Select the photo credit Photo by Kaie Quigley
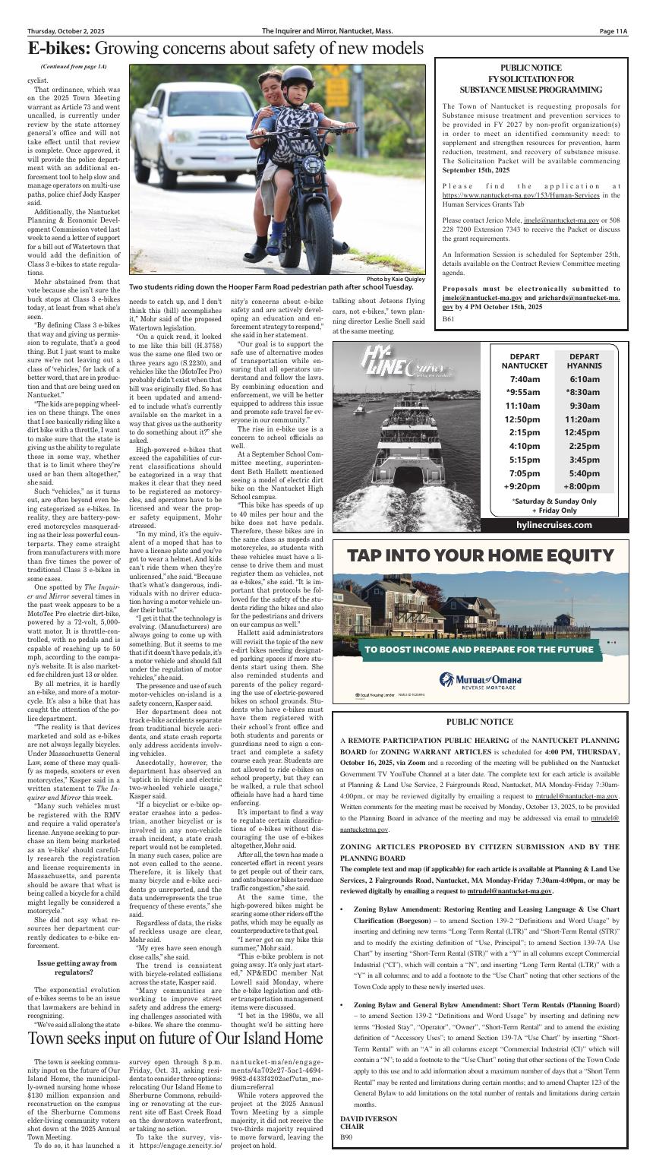coord(395,279)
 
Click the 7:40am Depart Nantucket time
coord(525,379)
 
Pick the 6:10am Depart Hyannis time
coord(585,379)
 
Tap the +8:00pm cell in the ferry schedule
coord(585,486)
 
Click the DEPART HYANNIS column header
coord(585,361)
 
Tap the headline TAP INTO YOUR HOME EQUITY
coord(480,556)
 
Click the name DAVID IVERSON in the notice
coord(368,1119)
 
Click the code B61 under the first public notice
coord(449,320)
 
